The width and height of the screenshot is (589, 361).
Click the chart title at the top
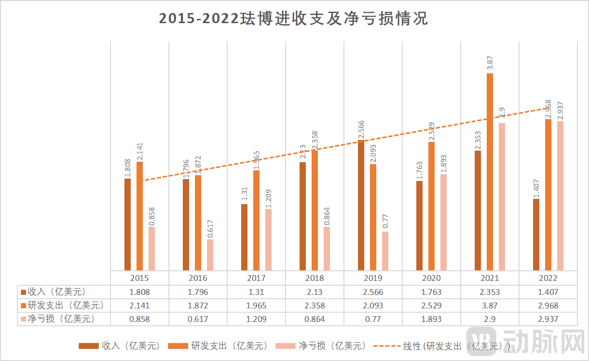pyautogui.click(x=294, y=18)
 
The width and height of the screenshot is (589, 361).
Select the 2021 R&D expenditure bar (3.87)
pyautogui.click(x=490, y=171)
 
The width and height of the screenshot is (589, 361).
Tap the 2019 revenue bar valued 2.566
pyautogui.click(x=361, y=205)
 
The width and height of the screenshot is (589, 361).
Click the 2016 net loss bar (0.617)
pyautogui.click(x=210, y=255)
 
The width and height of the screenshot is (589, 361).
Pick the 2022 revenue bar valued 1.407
pyautogui.click(x=536, y=235)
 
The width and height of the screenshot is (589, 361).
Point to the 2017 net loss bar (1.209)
pyautogui.click(x=268, y=239)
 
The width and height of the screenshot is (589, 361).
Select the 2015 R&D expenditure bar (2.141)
pyautogui.click(x=140, y=216)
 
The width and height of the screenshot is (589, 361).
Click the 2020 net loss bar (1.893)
pyautogui.click(x=443, y=222)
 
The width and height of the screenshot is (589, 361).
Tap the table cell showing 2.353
pyautogui.click(x=490, y=292)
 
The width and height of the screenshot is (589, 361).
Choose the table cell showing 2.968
pyautogui.click(x=548, y=305)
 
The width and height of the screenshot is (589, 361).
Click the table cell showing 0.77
pyautogui.click(x=373, y=319)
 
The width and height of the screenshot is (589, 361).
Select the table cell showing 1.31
pyautogui.click(x=256, y=292)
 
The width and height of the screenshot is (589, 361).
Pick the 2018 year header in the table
pyautogui.click(x=315, y=278)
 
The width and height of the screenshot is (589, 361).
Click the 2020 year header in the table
pyautogui.click(x=431, y=278)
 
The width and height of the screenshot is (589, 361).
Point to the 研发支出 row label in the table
pyautogui.click(x=63, y=305)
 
